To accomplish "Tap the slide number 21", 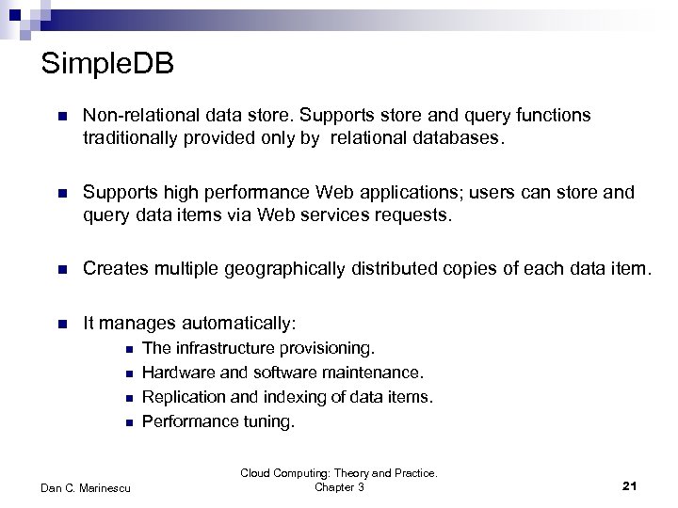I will [x=631, y=484].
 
